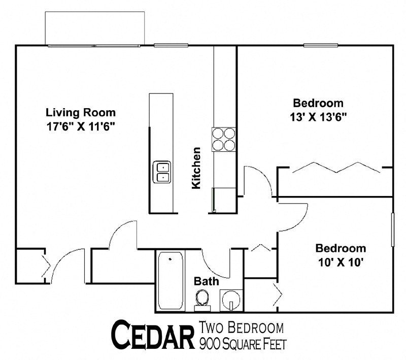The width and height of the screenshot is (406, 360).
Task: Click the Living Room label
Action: (x=81, y=112)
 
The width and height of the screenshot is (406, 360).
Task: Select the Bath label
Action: (x=207, y=281)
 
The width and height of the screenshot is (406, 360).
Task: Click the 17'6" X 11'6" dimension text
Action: (x=81, y=126)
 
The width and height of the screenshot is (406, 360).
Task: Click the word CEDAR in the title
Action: (x=152, y=336)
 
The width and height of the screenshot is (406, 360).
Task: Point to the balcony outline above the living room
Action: (x=95, y=27)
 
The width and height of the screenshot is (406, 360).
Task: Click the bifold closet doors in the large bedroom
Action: (x=335, y=168)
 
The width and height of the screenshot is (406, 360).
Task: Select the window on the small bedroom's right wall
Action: (x=393, y=231)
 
